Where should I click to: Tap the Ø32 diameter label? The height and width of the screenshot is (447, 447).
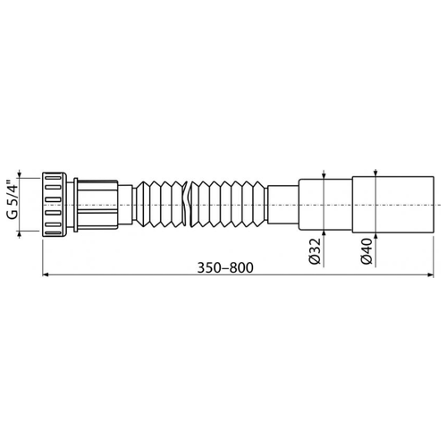point(315,251)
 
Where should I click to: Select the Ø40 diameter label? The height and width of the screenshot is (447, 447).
point(367,251)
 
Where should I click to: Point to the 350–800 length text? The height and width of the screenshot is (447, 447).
point(225,267)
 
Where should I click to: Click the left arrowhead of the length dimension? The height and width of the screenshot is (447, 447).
point(46,274)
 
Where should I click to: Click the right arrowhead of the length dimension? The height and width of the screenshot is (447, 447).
point(431,274)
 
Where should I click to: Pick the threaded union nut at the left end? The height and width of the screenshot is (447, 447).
point(55,205)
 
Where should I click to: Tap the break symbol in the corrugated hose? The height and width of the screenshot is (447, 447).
point(187,204)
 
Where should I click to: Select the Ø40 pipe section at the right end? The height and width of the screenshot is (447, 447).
point(393,205)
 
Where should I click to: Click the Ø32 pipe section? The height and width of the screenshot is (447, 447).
point(325,205)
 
